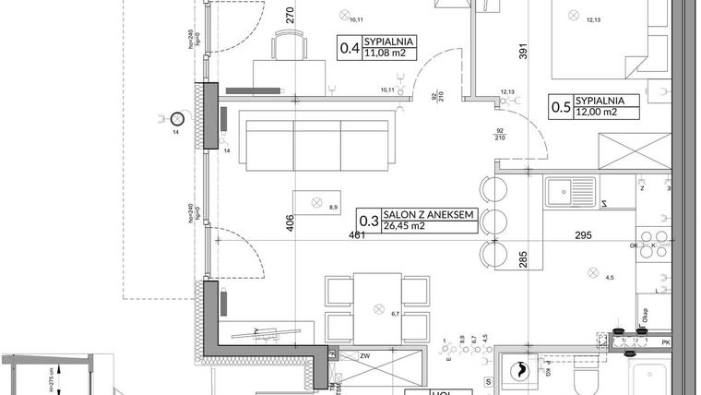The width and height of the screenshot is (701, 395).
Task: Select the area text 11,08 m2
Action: pyautogui.click(x=389, y=54)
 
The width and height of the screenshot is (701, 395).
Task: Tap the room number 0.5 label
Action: pyautogui.click(x=559, y=106)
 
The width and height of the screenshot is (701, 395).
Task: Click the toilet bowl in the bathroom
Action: pyautogui.click(x=586, y=381)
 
